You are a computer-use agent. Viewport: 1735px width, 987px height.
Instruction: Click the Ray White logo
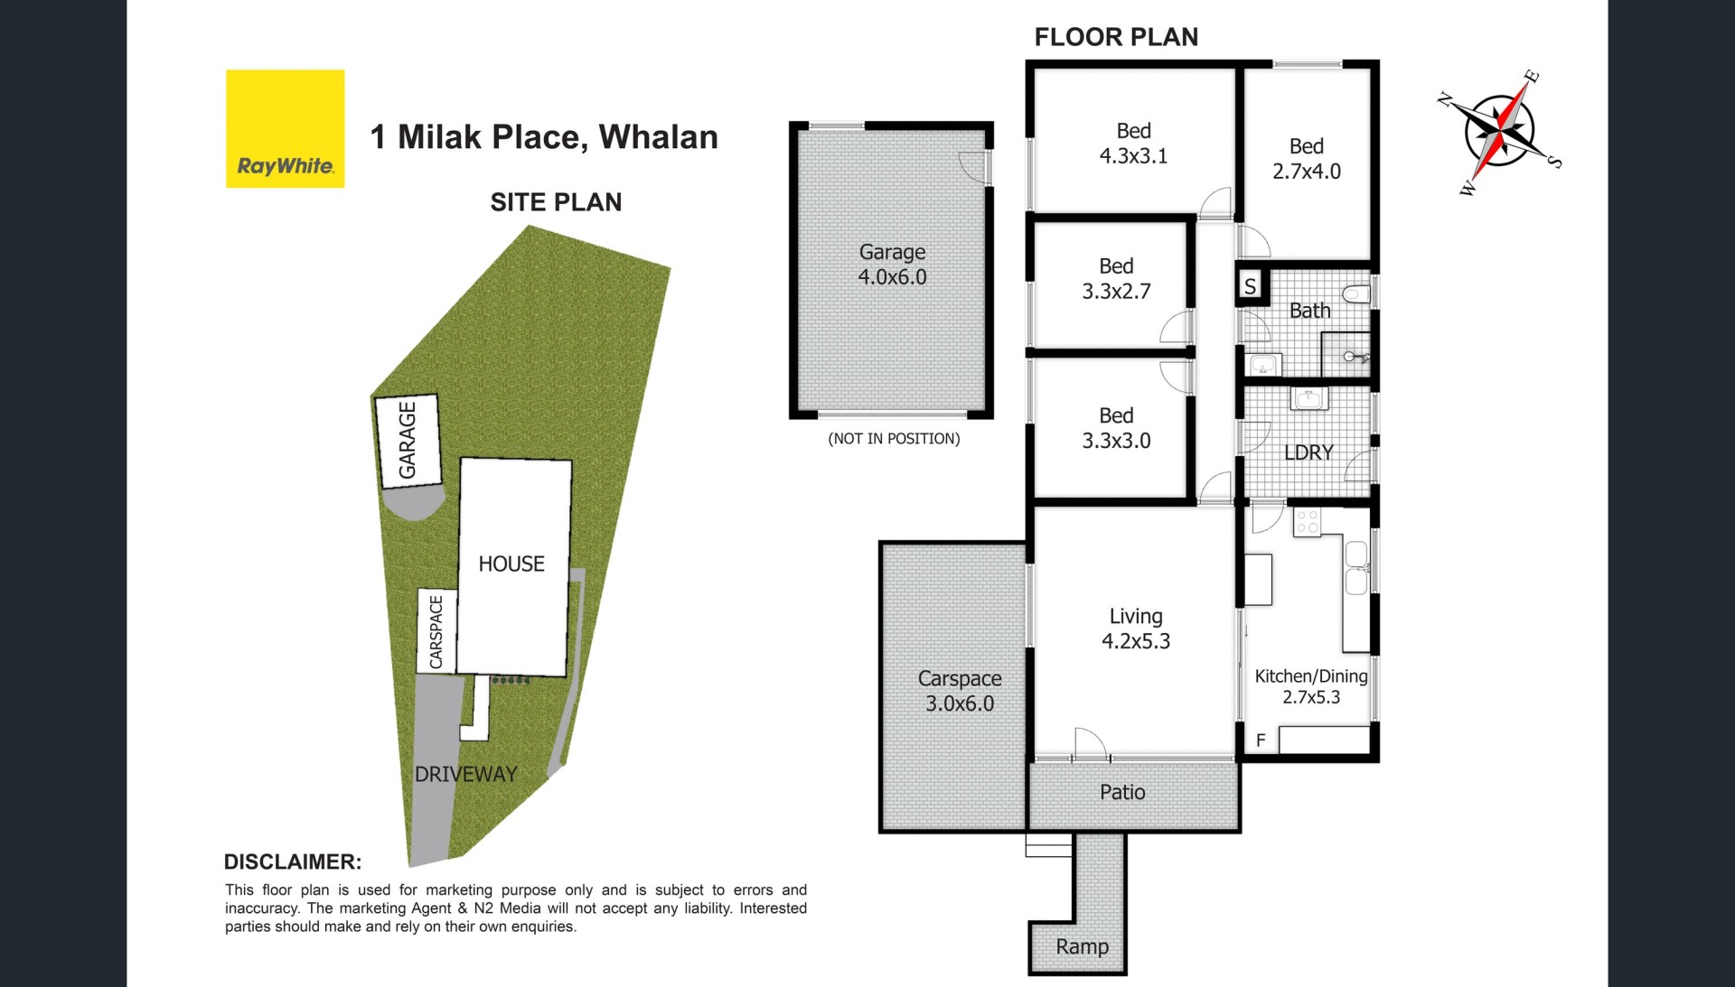285,128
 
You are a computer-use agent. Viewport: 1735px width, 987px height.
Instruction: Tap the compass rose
1499,132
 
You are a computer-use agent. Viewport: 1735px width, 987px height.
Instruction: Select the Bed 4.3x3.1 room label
1133,144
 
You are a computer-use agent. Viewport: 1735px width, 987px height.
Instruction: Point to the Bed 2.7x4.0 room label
1307,159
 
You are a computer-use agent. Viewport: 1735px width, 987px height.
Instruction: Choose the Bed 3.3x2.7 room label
1116,279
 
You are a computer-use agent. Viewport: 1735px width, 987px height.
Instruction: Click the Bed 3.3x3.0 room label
1116,428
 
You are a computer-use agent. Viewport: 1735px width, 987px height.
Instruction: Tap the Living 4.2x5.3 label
1136,629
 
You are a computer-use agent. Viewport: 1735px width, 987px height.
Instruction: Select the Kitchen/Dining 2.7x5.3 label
1311,686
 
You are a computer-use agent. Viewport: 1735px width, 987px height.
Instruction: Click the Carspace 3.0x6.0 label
960,691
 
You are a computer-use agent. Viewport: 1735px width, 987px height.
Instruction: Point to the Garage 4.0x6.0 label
892,265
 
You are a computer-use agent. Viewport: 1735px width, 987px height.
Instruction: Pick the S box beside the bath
1251,287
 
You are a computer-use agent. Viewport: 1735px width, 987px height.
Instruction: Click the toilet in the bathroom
1356,293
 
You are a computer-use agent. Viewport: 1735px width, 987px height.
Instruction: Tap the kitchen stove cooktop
1307,522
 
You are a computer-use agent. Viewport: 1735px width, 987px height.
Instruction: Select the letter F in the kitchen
1261,740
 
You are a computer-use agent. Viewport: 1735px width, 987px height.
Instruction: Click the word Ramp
1082,946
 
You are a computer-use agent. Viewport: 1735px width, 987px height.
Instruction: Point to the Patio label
1122,792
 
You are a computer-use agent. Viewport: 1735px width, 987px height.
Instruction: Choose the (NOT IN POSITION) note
894,439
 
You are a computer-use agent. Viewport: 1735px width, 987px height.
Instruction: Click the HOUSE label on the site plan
511,564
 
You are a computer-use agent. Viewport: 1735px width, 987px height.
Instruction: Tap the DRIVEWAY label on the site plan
465,774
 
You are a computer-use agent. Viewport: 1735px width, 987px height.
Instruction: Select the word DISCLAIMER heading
293,861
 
